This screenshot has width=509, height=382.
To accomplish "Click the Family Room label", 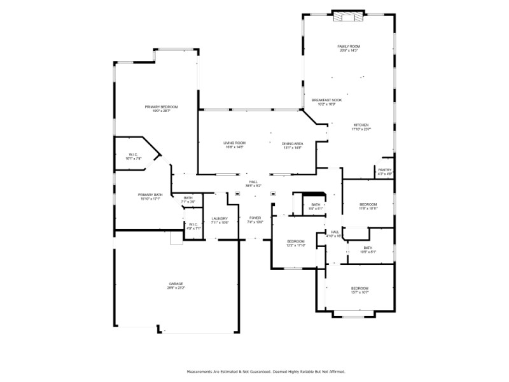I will tap(349, 48).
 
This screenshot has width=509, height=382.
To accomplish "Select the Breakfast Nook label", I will tap(326, 102).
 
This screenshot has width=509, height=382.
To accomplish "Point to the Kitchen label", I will tap(361, 127).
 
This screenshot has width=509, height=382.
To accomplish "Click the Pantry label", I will tap(385, 171).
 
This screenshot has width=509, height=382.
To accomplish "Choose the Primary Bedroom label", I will tap(161, 108).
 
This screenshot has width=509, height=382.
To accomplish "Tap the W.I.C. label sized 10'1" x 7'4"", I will tap(134, 156).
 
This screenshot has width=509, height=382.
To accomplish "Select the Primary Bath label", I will tap(150, 196).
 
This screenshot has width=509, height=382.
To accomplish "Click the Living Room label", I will tap(234, 145).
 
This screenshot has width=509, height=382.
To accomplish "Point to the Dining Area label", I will tap(293, 145).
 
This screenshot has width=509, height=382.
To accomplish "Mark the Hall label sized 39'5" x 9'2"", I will tap(253, 184).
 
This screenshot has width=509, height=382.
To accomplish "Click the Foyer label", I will tap(254, 220).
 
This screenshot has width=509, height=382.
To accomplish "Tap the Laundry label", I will tap(220, 220).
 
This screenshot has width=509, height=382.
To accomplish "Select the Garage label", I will tap(176, 286).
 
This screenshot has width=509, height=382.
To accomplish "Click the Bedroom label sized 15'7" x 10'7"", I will tap(359, 290).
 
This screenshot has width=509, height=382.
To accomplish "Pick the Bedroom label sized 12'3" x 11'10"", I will tap(296, 243).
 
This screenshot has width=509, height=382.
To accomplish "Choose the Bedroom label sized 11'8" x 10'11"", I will tap(368, 206).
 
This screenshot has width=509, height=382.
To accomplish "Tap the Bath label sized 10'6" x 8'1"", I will tap(368, 250).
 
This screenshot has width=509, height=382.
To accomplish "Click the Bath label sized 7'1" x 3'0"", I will tap(188, 199).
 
